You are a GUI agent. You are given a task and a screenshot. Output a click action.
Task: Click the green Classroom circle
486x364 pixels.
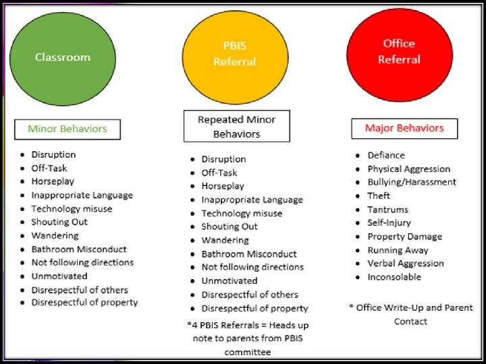[x=62, y=57]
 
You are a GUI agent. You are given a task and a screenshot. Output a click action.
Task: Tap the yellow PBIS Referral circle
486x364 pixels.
[x=235, y=54]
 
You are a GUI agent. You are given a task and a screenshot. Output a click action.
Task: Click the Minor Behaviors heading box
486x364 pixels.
[x=67, y=129]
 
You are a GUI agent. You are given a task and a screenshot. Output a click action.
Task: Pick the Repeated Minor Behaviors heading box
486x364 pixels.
[x=236, y=127]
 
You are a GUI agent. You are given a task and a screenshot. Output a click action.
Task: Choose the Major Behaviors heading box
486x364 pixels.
[x=404, y=128]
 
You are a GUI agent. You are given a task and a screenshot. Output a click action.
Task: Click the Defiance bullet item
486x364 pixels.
[x=386, y=155]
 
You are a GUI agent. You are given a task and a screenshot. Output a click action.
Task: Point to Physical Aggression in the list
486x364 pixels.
[x=408, y=169]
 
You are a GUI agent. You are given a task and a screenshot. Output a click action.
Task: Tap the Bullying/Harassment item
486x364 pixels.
[x=412, y=182]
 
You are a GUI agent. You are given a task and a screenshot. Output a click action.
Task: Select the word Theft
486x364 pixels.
[x=379, y=195]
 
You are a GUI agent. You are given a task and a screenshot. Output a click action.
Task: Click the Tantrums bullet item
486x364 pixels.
[x=388, y=209]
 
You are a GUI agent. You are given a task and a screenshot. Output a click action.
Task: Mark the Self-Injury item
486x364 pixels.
[x=389, y=222]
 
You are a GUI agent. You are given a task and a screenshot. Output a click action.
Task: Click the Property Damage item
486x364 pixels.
[x=404, y=237]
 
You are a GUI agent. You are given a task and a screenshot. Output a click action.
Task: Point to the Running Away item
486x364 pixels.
[x=398, y=250]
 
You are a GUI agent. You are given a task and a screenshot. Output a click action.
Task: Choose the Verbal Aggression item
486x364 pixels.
[x=406, y=264]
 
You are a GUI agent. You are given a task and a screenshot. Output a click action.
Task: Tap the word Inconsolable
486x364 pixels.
[x=394, y=277]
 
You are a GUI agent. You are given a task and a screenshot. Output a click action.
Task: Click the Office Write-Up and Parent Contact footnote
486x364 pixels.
[x=411, y=314]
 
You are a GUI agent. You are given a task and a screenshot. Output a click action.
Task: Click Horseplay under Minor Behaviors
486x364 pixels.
[x=53, y=181]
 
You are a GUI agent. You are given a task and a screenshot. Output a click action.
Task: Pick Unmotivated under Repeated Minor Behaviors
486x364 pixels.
[x=230, y=280]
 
